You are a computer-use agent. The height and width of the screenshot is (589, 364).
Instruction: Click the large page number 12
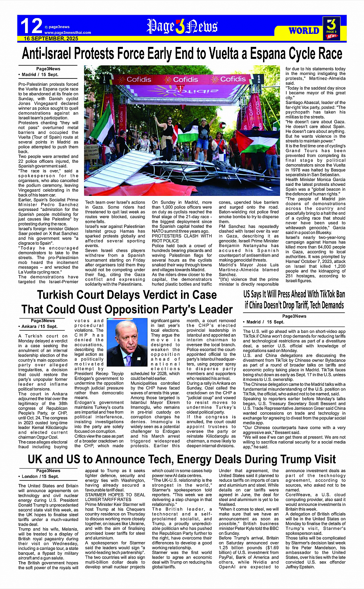click(31, 26)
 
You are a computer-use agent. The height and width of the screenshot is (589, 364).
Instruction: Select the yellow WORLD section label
click(304, 30)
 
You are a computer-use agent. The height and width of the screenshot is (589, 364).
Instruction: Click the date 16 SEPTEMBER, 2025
click(51, 38)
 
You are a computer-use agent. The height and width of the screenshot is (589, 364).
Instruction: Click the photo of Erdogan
click(127, 342)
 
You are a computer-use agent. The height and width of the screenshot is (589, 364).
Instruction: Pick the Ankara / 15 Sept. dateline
click(39, 326)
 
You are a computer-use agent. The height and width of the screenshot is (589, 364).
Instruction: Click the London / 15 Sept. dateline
click(40, 476)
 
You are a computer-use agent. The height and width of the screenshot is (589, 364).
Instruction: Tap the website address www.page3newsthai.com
click(67, 33)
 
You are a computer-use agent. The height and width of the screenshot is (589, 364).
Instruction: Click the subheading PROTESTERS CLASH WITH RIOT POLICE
click(182, 239)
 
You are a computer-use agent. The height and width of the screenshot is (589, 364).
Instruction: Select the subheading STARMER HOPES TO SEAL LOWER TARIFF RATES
click(115, 497)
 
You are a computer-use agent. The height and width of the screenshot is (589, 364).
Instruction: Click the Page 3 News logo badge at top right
click(331, 28)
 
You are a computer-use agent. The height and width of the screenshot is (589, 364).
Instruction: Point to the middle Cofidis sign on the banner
click(185, 79)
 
